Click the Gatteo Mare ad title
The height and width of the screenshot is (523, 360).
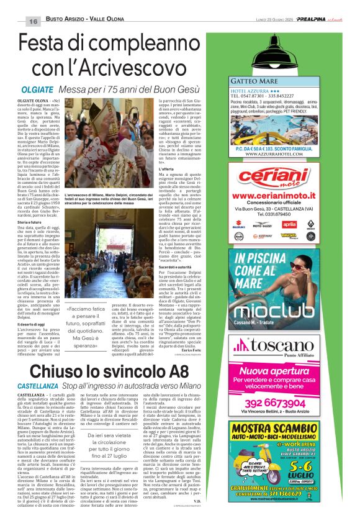point(256,81)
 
